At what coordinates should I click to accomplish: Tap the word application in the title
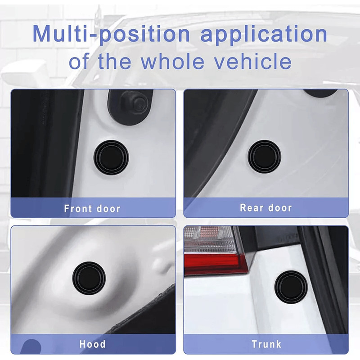pos(264,35)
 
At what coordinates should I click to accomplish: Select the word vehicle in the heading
pos(254,61)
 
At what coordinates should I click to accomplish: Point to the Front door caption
pos(92,209)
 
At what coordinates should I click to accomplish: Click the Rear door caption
pos(266,208)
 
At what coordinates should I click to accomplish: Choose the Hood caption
pos(92,345)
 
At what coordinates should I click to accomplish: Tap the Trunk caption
pos(266,345)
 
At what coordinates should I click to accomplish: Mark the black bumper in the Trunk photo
pos(292,286)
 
